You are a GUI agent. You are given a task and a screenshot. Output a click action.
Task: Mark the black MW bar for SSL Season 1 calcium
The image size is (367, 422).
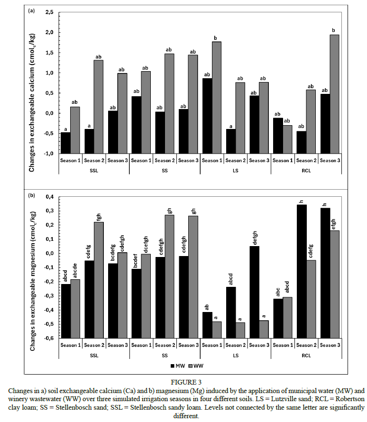(x=65, y=143)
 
